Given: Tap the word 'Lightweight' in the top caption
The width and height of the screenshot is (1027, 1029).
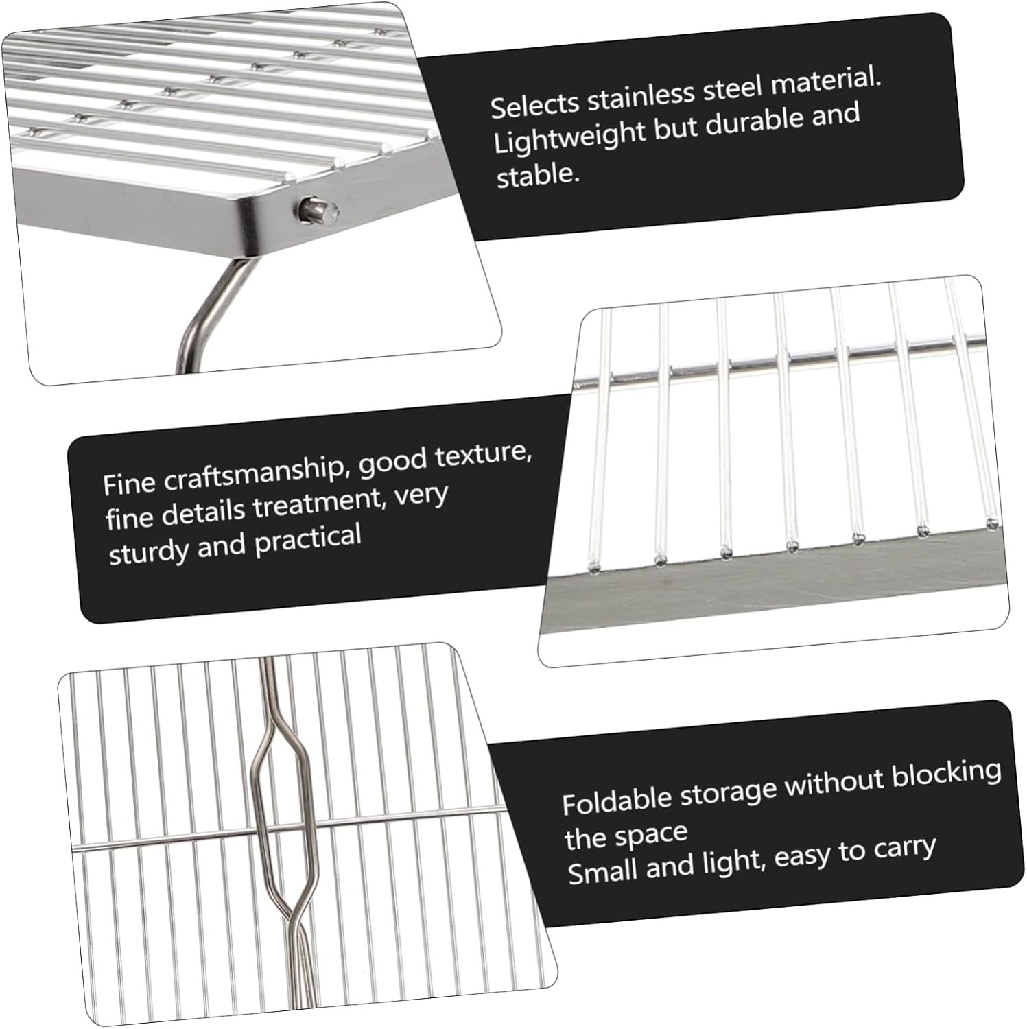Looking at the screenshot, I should pos(569,139).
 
